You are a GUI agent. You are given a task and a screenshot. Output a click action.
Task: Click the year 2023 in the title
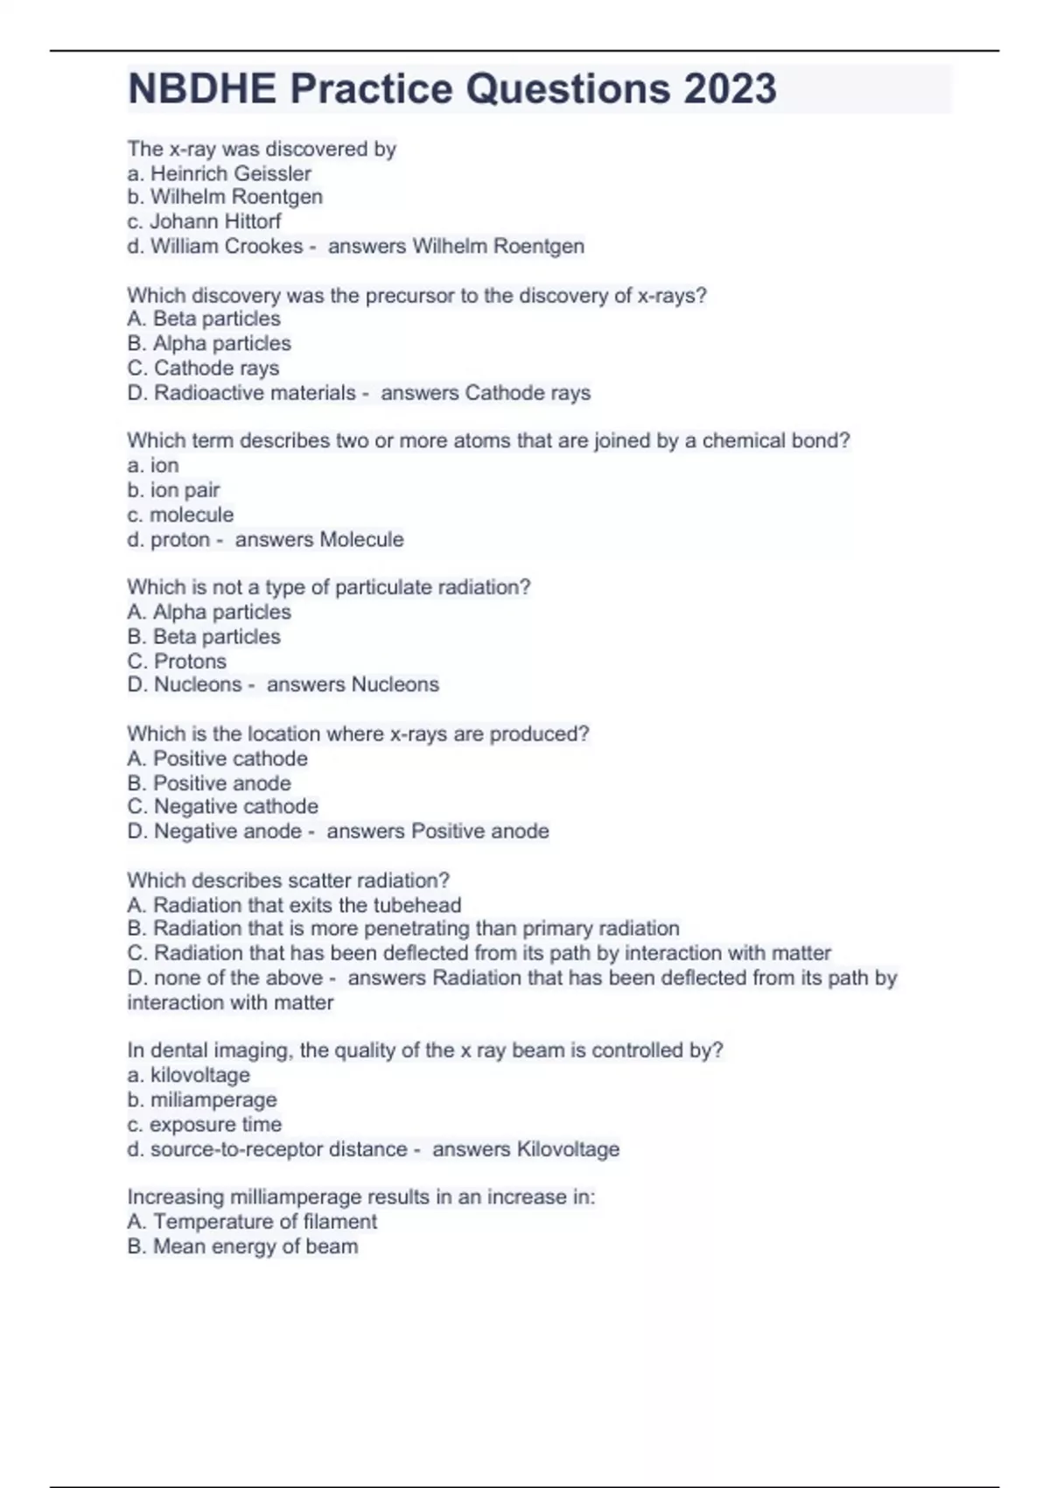[x=730, y=88]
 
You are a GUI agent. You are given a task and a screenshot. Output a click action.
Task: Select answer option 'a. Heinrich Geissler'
[x=219, y=173]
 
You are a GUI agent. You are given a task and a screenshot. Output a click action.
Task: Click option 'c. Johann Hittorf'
[x=204, y=221]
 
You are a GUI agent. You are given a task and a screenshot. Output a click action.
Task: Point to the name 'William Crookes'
[x=227, y=246]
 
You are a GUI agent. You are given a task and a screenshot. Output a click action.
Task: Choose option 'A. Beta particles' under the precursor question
[x=204, y=319]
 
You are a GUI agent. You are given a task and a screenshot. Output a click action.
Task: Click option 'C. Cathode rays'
[x=203, y=368]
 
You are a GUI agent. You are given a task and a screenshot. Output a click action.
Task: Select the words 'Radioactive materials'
[x=255, y=393]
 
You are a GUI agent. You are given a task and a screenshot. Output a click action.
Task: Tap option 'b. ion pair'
[x=173, y=490]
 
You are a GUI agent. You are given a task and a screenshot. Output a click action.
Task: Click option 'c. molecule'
[x=180, y=515]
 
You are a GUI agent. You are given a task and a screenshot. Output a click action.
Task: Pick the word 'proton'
[x=180, y=539]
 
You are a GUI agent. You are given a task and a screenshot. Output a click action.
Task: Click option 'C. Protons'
[x=177, y=662]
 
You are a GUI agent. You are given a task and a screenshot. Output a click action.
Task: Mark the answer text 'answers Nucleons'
[x=353, y=684]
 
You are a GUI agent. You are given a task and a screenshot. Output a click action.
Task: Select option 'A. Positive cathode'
[x=217, y=759]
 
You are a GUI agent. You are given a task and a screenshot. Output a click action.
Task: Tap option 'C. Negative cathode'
[x=222, y=806]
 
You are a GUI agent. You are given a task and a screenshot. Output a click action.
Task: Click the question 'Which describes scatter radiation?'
[x=288, y=881]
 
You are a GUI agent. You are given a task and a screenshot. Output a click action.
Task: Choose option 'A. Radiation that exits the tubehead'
[x=294, y=905]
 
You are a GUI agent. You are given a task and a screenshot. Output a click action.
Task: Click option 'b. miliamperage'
[x=201, y=1100]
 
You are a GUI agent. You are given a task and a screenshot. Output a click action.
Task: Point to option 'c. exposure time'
[x=204, y=1125]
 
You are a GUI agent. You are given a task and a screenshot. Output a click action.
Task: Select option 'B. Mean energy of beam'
[x=242, y=1246]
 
